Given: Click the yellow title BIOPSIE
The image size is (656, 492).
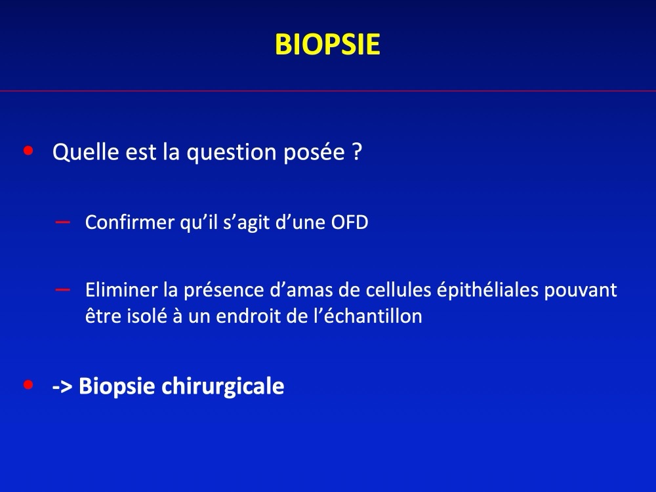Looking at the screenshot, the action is [x=327, y=45].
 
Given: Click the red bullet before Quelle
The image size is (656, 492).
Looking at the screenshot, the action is [x=28, y=150].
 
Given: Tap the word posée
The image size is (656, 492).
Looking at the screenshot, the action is [x=314, y=152].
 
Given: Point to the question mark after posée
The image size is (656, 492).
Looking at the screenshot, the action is [x=357, y=152].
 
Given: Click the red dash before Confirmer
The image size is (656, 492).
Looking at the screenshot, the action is [x=63, y=222].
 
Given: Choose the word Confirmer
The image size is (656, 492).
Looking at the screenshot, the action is [x=130, y=222].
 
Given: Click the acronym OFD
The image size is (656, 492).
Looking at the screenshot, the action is [x=350, y=222].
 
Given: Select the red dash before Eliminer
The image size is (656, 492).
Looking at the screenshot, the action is [x=63, y=289].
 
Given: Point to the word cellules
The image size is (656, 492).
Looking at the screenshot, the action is [x=398, y=289].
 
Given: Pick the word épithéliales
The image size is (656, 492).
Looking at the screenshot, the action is [x=487, y=291].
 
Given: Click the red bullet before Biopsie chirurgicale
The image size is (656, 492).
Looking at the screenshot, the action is [x=28, y=384].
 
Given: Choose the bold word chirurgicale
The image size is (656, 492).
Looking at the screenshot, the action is [x=222, y=386].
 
